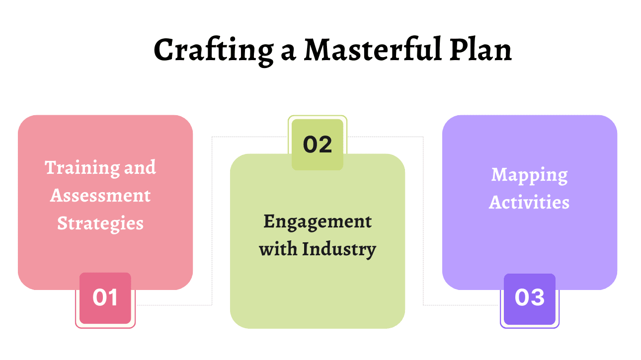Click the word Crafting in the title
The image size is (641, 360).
tap(212, 50)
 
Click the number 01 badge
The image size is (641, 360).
tap(105, 298)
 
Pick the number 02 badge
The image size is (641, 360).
tap(318, 144)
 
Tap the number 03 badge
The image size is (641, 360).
tap(530, 298)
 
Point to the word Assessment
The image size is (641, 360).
tap(100, 196)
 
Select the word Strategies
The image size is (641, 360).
tap(100, 223)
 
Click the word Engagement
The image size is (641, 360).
tap(318, 221)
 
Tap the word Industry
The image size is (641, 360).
tap(339, 249)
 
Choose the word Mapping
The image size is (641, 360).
tap(529, 175)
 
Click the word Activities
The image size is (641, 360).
tap(529, 203)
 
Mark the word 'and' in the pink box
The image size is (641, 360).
tap(140, 168)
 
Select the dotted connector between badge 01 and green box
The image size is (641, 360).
tap(212, 223)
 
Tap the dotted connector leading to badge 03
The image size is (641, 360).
tap(423, 223)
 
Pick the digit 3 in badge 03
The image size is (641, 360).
tap(537, 298)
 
